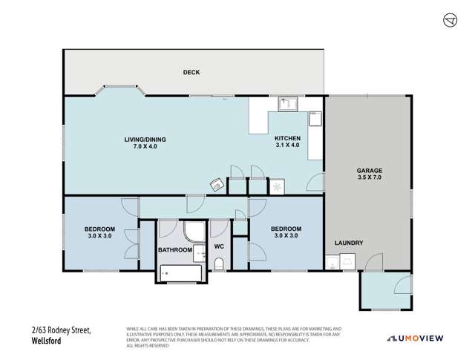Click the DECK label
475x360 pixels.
click(192, 72)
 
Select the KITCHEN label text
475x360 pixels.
click(286, 139)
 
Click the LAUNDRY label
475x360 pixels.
click(347, 243)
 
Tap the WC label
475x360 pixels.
click(220, 246)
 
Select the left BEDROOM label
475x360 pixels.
click(98, 229)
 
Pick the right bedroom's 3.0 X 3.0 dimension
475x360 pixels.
click(286, 237)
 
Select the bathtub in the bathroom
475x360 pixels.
click(178, 275)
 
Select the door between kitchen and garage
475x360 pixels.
click(316, 183)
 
